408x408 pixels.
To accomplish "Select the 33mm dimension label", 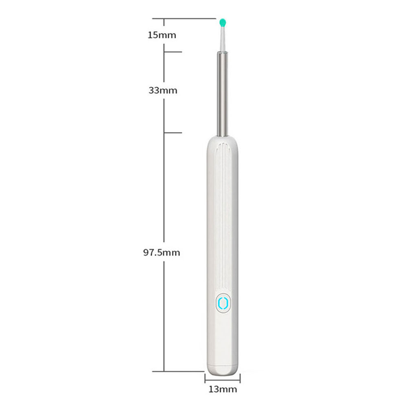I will (x=162, y=91).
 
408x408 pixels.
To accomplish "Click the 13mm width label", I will (x=222, y=390).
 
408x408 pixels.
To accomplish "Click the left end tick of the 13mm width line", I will (x=205, y=378).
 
